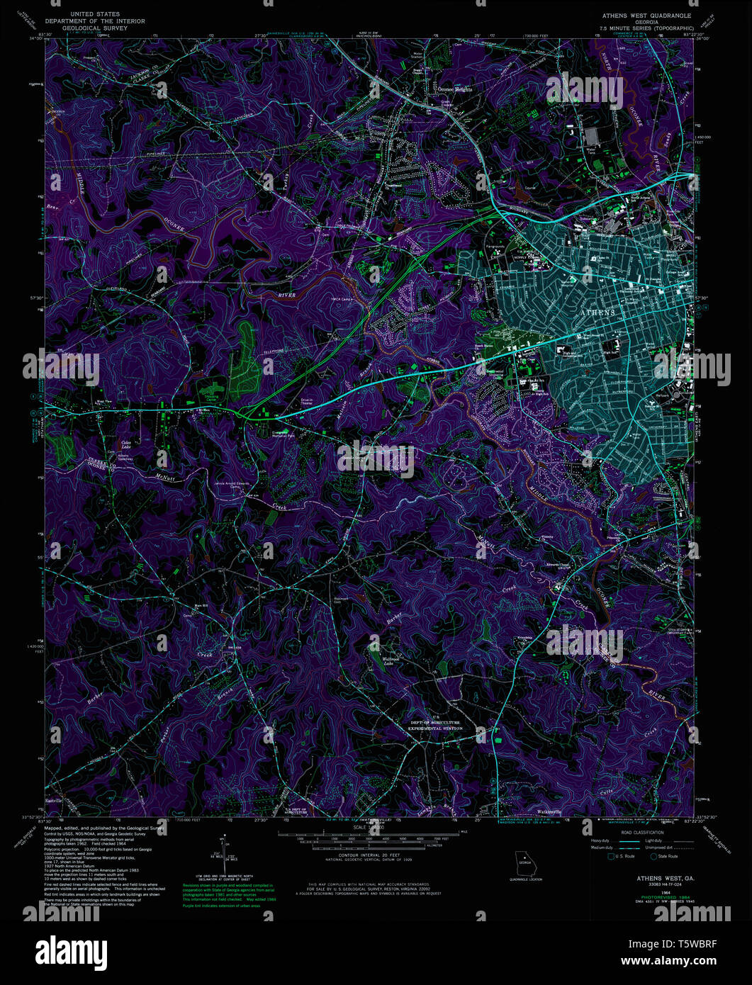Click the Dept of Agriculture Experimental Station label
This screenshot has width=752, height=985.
point(436,725)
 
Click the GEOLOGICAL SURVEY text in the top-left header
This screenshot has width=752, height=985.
point(95,29)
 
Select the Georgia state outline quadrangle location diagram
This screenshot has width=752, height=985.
point(525,862)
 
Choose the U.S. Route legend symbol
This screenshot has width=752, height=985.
point(612,856)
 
